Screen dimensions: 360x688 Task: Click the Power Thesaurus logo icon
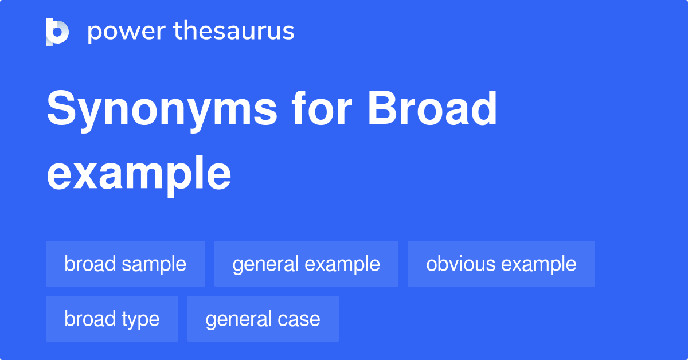57,32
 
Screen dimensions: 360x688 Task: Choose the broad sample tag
126,264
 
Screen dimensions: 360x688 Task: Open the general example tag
306,264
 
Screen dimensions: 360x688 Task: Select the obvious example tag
501,264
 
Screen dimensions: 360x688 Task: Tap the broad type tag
112,319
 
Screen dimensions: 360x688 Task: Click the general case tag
263,319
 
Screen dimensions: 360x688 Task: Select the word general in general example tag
265,264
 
